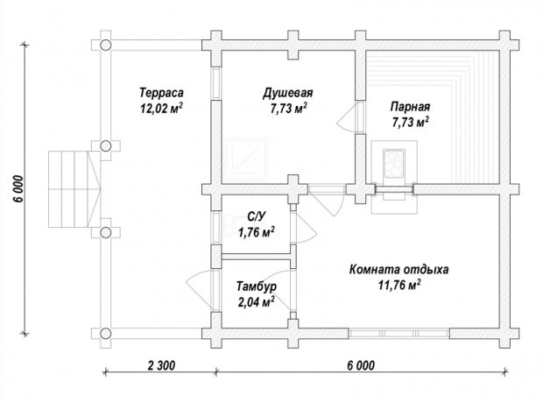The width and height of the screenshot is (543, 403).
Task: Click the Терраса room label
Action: [x=161, y=93]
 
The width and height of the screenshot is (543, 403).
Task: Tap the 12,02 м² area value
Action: [x=161, y=109]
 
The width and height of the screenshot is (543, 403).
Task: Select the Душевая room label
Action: [x=288, y=93]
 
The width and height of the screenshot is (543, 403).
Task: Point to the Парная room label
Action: [x=411, y=106]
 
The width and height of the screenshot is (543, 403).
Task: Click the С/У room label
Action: [x=257, y=216]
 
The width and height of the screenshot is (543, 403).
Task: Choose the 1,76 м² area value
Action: [x=257, y=232]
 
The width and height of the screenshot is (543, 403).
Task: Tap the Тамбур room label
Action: [x=257, y=286]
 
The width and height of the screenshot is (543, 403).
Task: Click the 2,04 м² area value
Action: [x=257, y=302]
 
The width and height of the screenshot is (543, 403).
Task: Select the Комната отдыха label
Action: [x=398, y=269]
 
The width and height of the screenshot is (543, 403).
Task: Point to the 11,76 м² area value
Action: [x=399, y=286]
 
